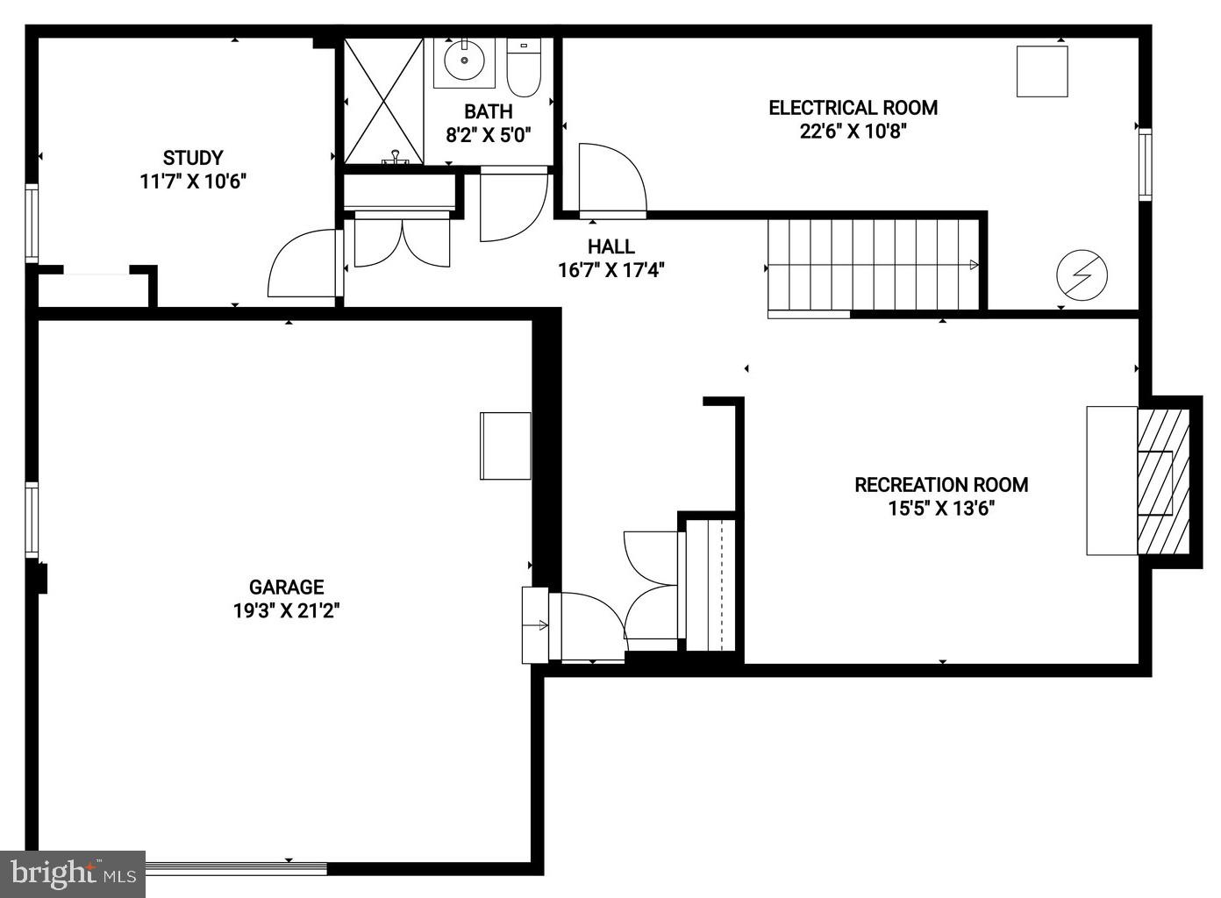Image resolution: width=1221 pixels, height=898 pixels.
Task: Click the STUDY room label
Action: [x=193, y=159]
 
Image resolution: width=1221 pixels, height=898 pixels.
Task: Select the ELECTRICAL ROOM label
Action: [x=853, y=108]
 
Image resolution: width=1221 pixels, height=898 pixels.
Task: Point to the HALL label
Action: [x=610, y=246]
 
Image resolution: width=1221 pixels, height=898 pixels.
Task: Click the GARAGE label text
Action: [x=286, y=588]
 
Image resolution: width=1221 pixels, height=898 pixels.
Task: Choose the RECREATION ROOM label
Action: [x=941, y=484]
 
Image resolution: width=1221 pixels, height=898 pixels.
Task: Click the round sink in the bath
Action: [x=462, y=62]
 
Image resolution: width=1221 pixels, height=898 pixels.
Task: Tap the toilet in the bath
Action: [x=525, y=69]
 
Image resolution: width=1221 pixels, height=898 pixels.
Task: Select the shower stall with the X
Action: [x=383, y=101]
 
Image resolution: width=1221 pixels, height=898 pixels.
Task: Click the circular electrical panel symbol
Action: [x=1082, y=275]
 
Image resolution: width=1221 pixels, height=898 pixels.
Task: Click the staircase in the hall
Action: [x=873, y=264]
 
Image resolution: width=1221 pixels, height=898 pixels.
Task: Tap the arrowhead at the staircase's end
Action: [x=974, y=264]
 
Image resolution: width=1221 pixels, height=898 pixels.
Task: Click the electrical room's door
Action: [x=611, y=180]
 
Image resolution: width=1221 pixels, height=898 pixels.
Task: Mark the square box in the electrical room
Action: [x=1042, y=71]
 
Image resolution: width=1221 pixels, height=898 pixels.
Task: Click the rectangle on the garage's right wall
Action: [x=505, y=445]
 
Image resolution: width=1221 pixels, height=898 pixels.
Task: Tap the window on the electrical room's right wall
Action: [x=1145, y=165]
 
